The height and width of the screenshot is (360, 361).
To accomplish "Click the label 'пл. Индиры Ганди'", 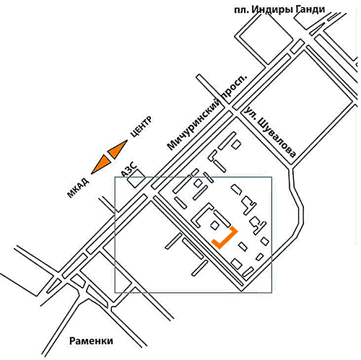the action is [x=279, y=10].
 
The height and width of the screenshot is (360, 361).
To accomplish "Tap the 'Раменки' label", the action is [x=91, y=341].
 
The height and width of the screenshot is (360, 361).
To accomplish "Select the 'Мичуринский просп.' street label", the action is [x=207, y=113].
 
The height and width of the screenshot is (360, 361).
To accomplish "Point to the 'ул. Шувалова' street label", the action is [x=270, y=132].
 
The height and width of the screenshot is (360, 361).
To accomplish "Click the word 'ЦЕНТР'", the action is [x=142, y=126].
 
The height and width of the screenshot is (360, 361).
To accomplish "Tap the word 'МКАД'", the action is [x=78, y=188].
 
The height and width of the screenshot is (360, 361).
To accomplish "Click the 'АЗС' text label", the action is [x=129, y=169].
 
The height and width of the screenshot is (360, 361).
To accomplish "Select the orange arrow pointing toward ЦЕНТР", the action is [x=118, y=149].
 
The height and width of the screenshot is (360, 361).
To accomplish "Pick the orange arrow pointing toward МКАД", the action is [x=101, y=164].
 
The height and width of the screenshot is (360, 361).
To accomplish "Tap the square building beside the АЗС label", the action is [x=136, y=178].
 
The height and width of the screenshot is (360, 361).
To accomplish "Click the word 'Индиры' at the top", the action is [x=271, y=10].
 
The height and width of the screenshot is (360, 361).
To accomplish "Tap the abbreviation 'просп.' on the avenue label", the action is [x=235, y=87].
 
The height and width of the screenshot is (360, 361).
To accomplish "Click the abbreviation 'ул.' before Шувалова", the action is [x=250, y=113].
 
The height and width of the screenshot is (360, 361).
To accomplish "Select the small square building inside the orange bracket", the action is [x=215, y=225].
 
